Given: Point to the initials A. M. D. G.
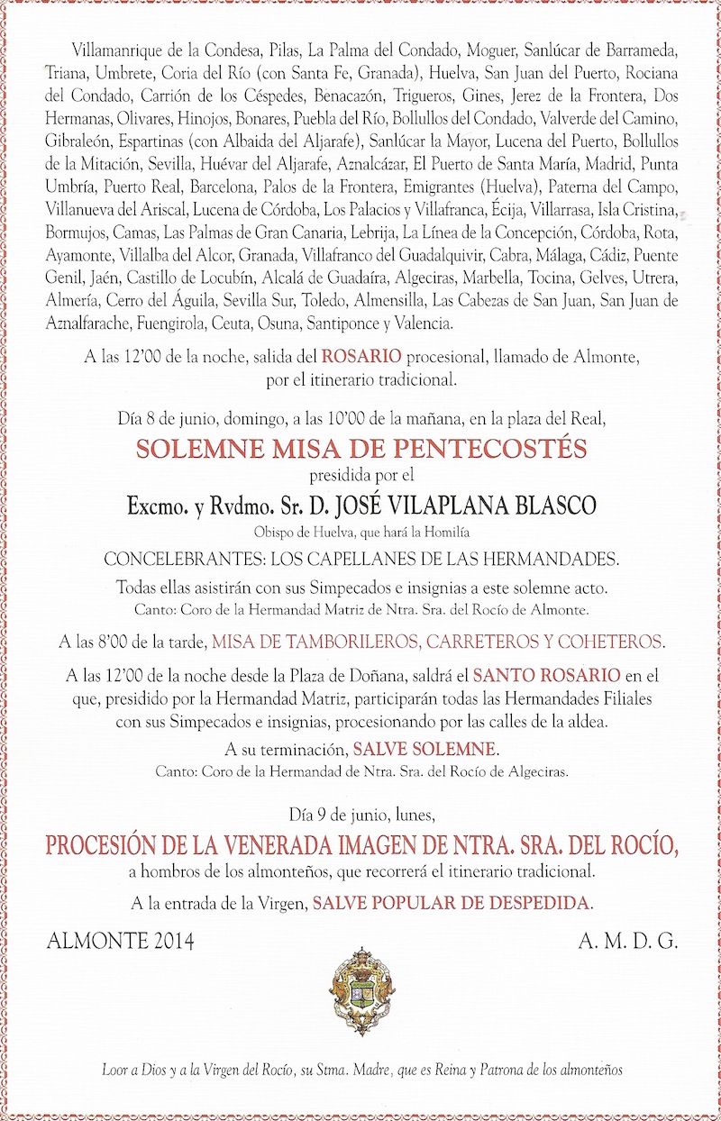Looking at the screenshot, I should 627,943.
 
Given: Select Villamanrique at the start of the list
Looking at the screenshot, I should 100,51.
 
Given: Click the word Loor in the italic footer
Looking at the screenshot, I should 114,1071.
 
